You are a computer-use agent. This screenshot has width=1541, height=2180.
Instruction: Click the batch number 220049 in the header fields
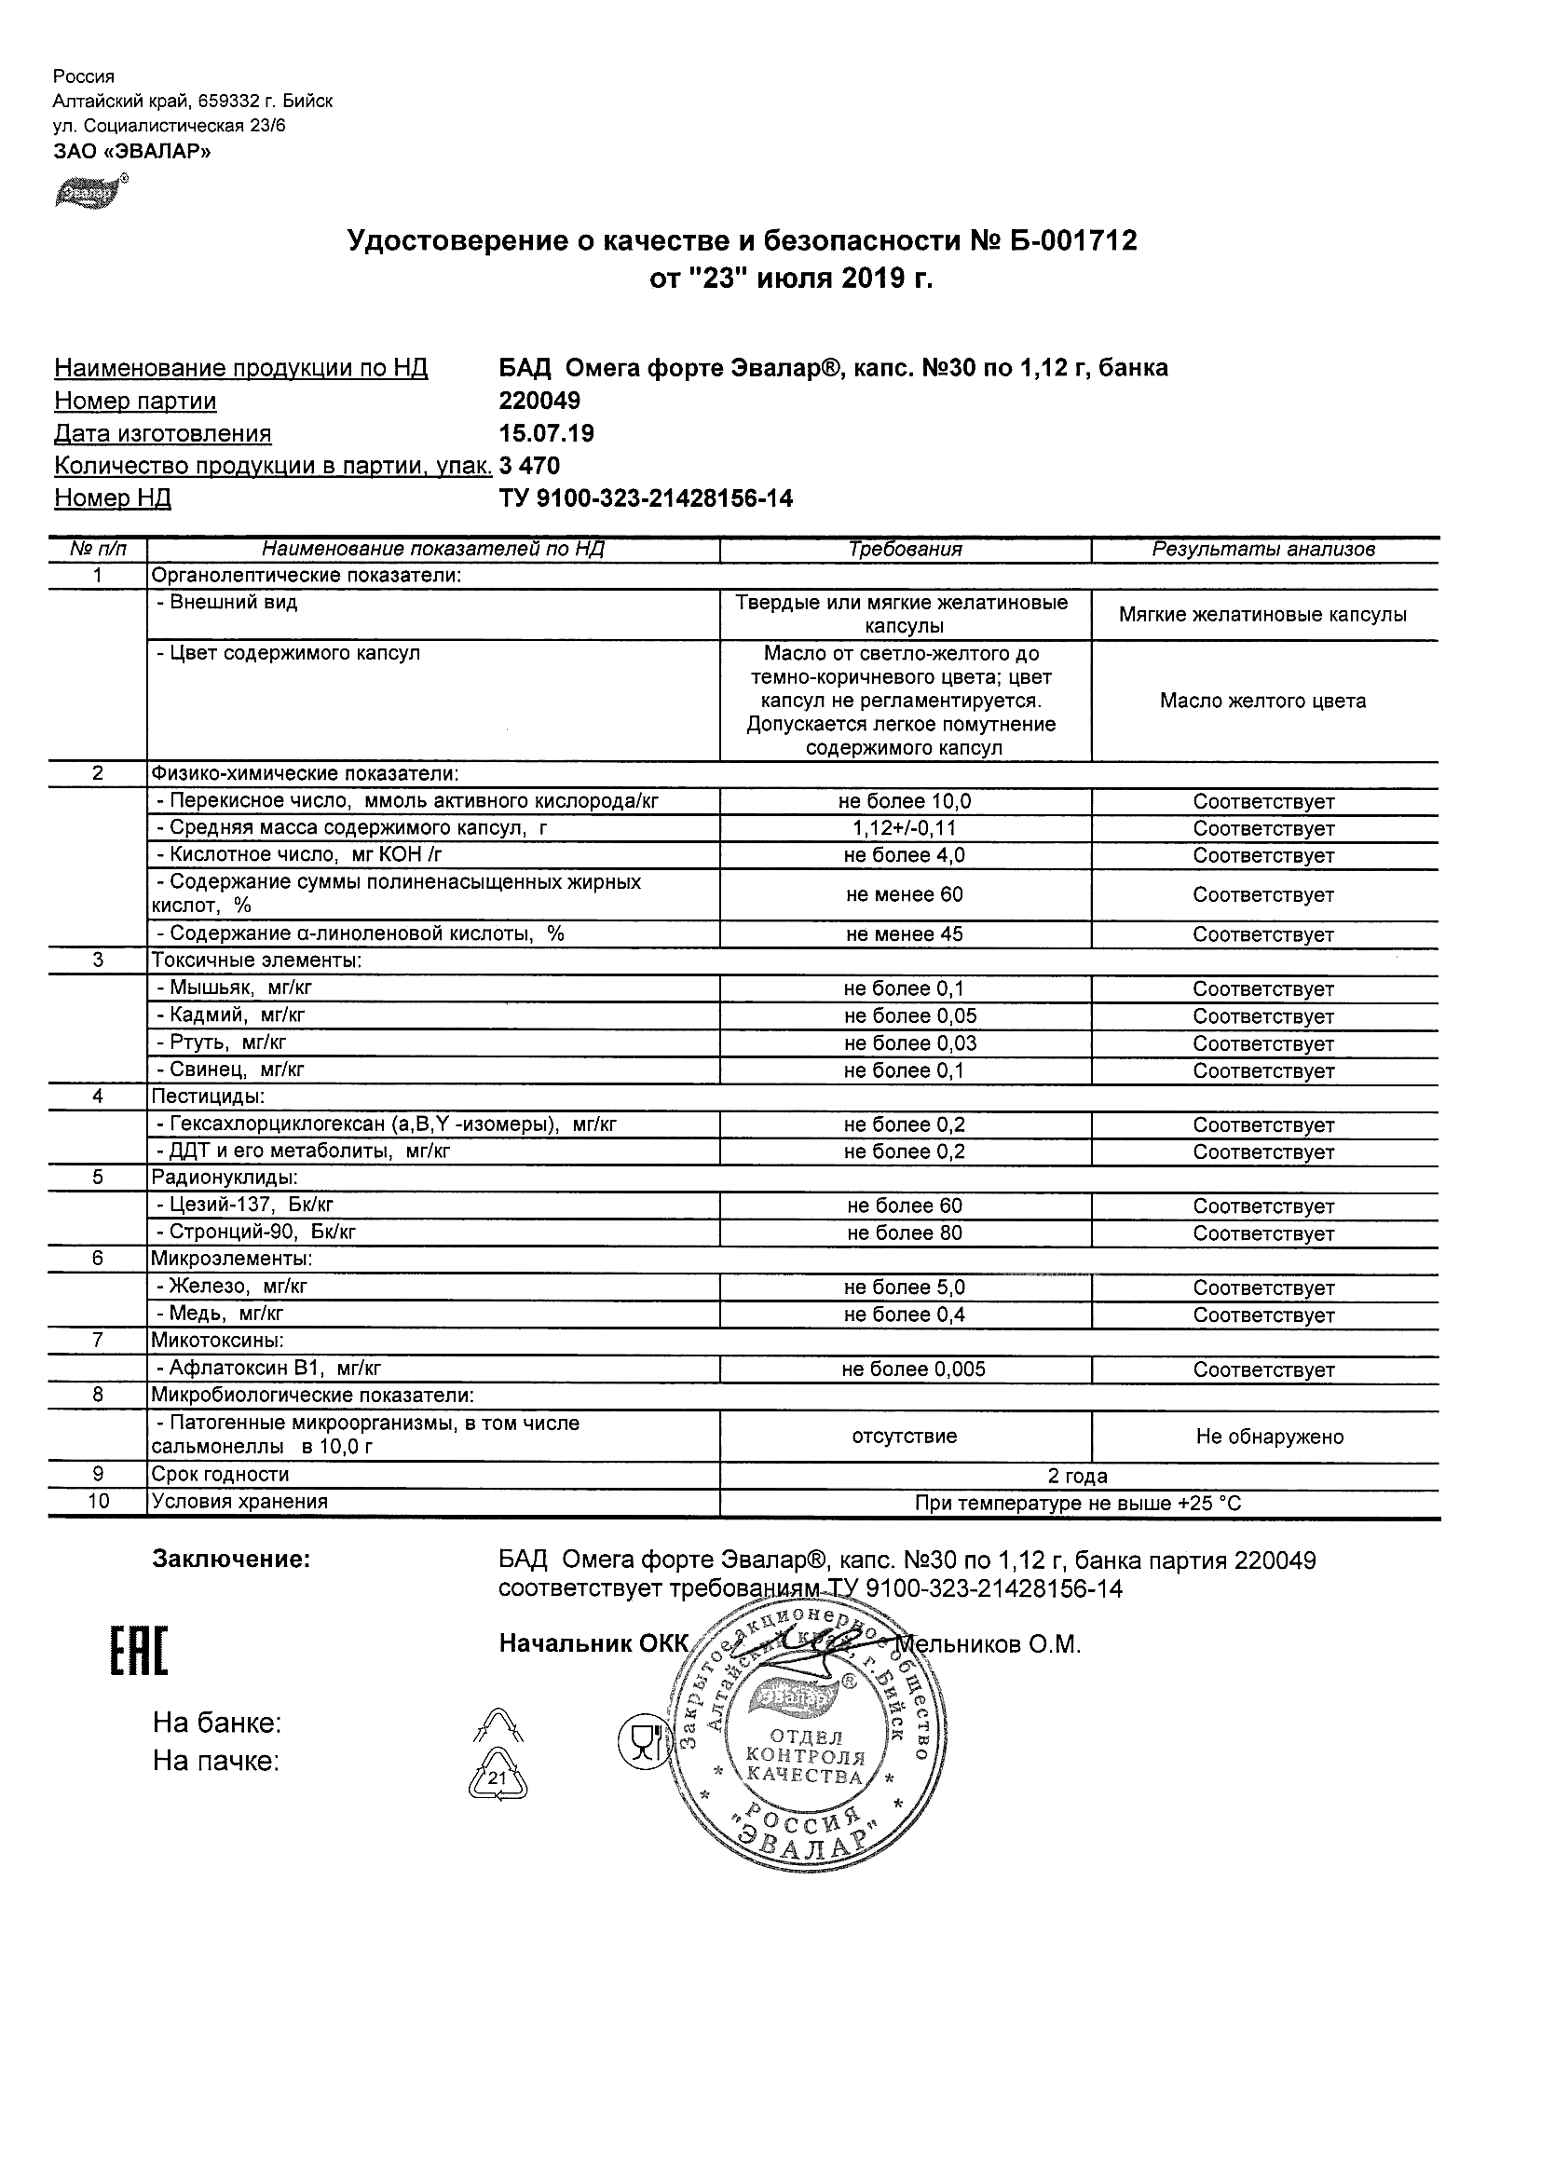point(539,401)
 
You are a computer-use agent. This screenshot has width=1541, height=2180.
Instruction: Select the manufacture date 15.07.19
point(546,434)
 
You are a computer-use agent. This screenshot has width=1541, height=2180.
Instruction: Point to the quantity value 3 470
point(529,466)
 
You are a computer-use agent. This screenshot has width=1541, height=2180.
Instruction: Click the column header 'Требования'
point(905,550)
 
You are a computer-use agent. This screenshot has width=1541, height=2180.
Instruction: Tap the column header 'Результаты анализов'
point(1262,550)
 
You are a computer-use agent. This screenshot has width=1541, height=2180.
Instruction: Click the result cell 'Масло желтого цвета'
point(1262,702)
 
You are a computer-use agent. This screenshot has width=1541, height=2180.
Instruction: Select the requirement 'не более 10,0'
point(905,801)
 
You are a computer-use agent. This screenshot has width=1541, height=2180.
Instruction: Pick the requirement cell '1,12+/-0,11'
point(905,829)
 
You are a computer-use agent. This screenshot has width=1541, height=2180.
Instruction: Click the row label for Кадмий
point(231,1016)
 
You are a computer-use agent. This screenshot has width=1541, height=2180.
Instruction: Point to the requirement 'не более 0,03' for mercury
point(909,1043)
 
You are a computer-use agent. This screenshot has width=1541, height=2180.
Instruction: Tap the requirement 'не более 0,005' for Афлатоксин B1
point(913,1369)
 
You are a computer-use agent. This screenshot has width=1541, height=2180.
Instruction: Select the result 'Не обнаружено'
point(1270,1437)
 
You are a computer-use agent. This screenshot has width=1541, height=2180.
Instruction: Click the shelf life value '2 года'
point(1078,1477)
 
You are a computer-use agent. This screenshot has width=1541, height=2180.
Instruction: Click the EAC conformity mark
point(139,1651)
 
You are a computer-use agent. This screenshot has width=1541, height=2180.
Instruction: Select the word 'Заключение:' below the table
point(231,1559)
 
